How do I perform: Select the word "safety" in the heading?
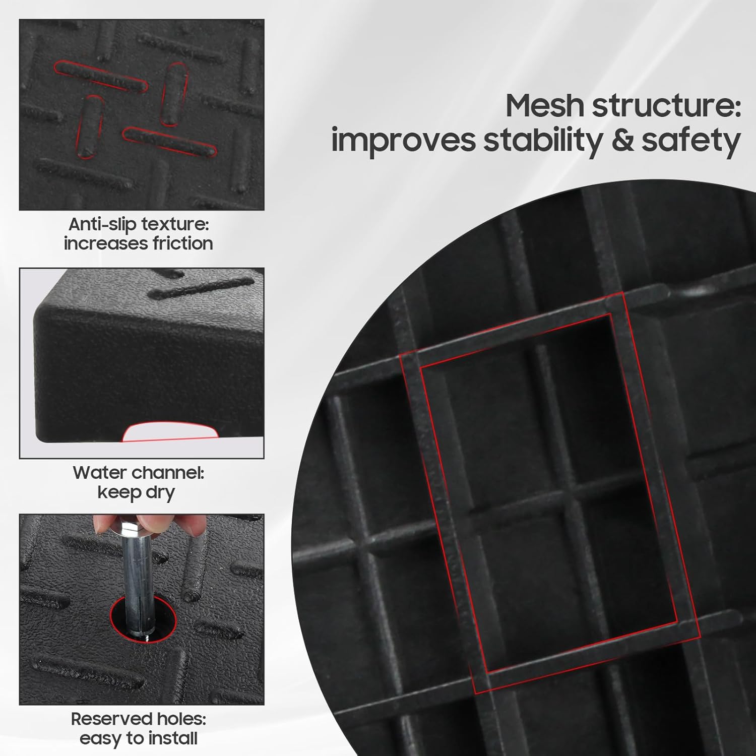(690, 141)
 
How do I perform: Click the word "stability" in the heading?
(542, 141)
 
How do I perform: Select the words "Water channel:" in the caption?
(138, 473)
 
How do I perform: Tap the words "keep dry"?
(136, 492)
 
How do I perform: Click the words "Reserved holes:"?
(138, 719)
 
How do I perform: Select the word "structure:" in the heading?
(665, 106)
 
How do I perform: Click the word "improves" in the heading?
(403, 141)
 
